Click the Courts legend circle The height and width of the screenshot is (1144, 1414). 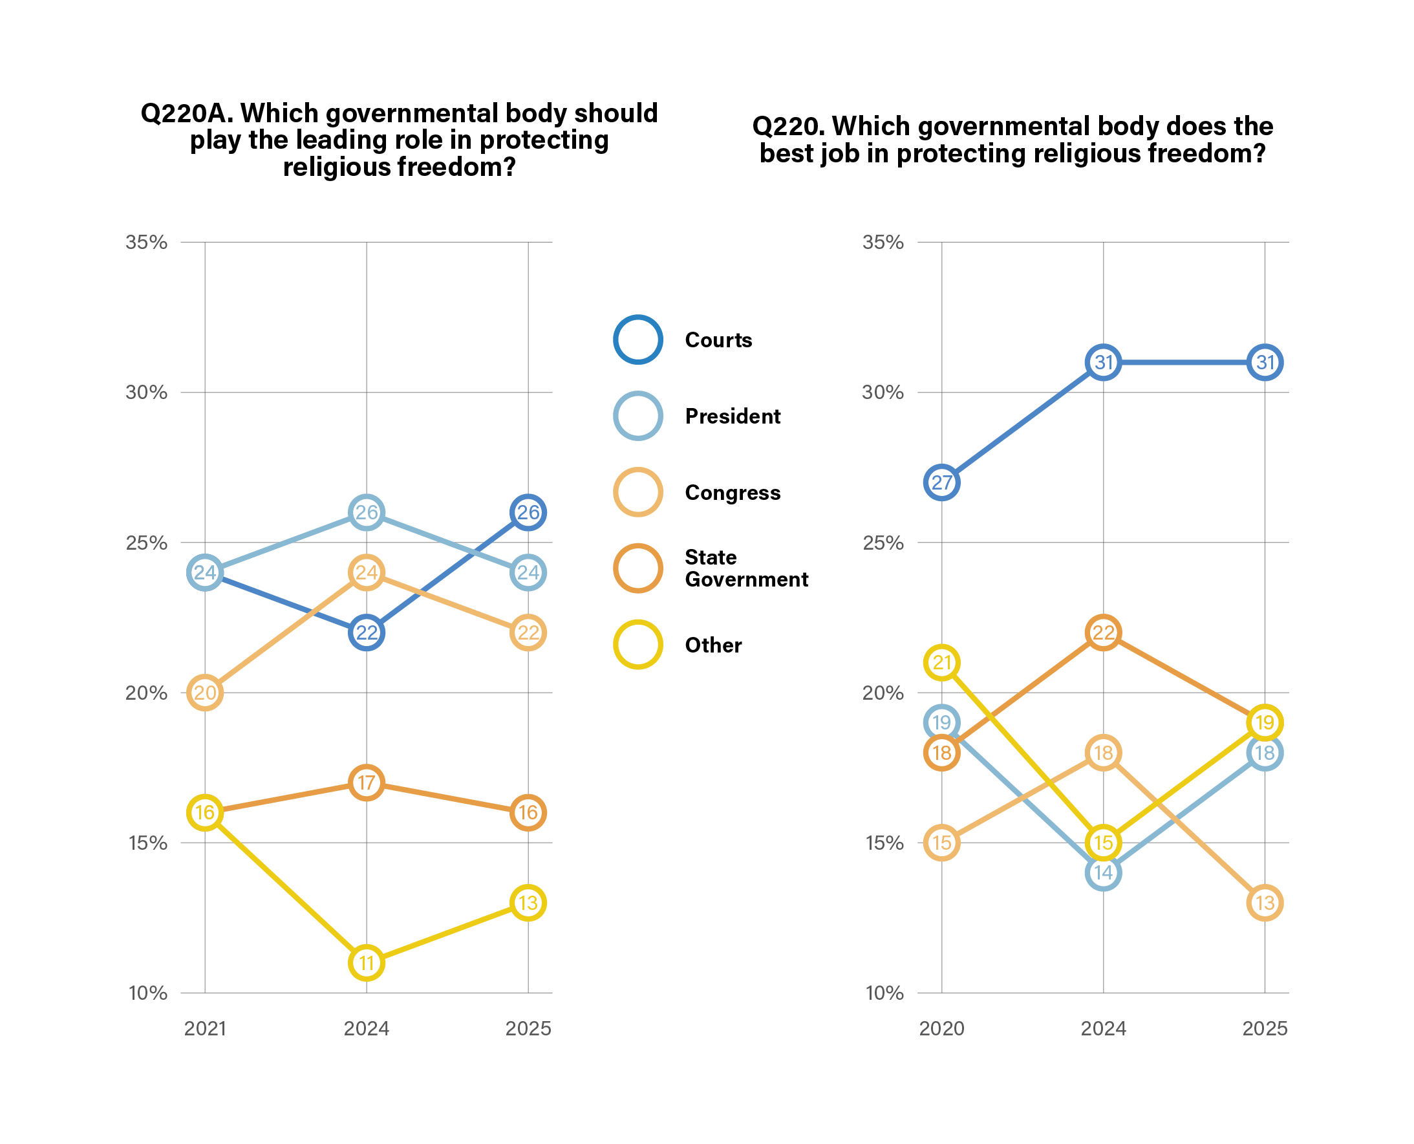637,340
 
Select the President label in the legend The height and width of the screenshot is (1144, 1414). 732,416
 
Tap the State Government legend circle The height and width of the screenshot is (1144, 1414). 637,567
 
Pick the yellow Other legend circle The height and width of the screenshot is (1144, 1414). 637,644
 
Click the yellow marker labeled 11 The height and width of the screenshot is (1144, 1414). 367,962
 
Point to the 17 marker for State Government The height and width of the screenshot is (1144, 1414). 367,782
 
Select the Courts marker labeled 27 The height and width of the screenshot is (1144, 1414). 941,482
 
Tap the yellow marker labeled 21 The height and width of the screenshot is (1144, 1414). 941,662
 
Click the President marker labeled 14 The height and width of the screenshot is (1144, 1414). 1103,872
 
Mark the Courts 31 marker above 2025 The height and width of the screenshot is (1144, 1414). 1265,362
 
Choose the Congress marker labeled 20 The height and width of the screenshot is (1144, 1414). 205,693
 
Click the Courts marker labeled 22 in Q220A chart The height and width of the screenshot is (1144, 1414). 367,632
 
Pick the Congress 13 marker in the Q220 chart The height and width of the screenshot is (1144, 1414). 1265,902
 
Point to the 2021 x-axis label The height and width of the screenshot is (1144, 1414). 205,1028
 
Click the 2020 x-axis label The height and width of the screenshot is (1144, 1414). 941,1028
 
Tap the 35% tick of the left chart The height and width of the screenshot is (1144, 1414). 146,242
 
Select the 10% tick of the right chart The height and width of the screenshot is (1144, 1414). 884,993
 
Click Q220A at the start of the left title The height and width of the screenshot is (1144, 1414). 186,113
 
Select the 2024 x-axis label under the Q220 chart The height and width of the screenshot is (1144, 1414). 1103,1028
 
